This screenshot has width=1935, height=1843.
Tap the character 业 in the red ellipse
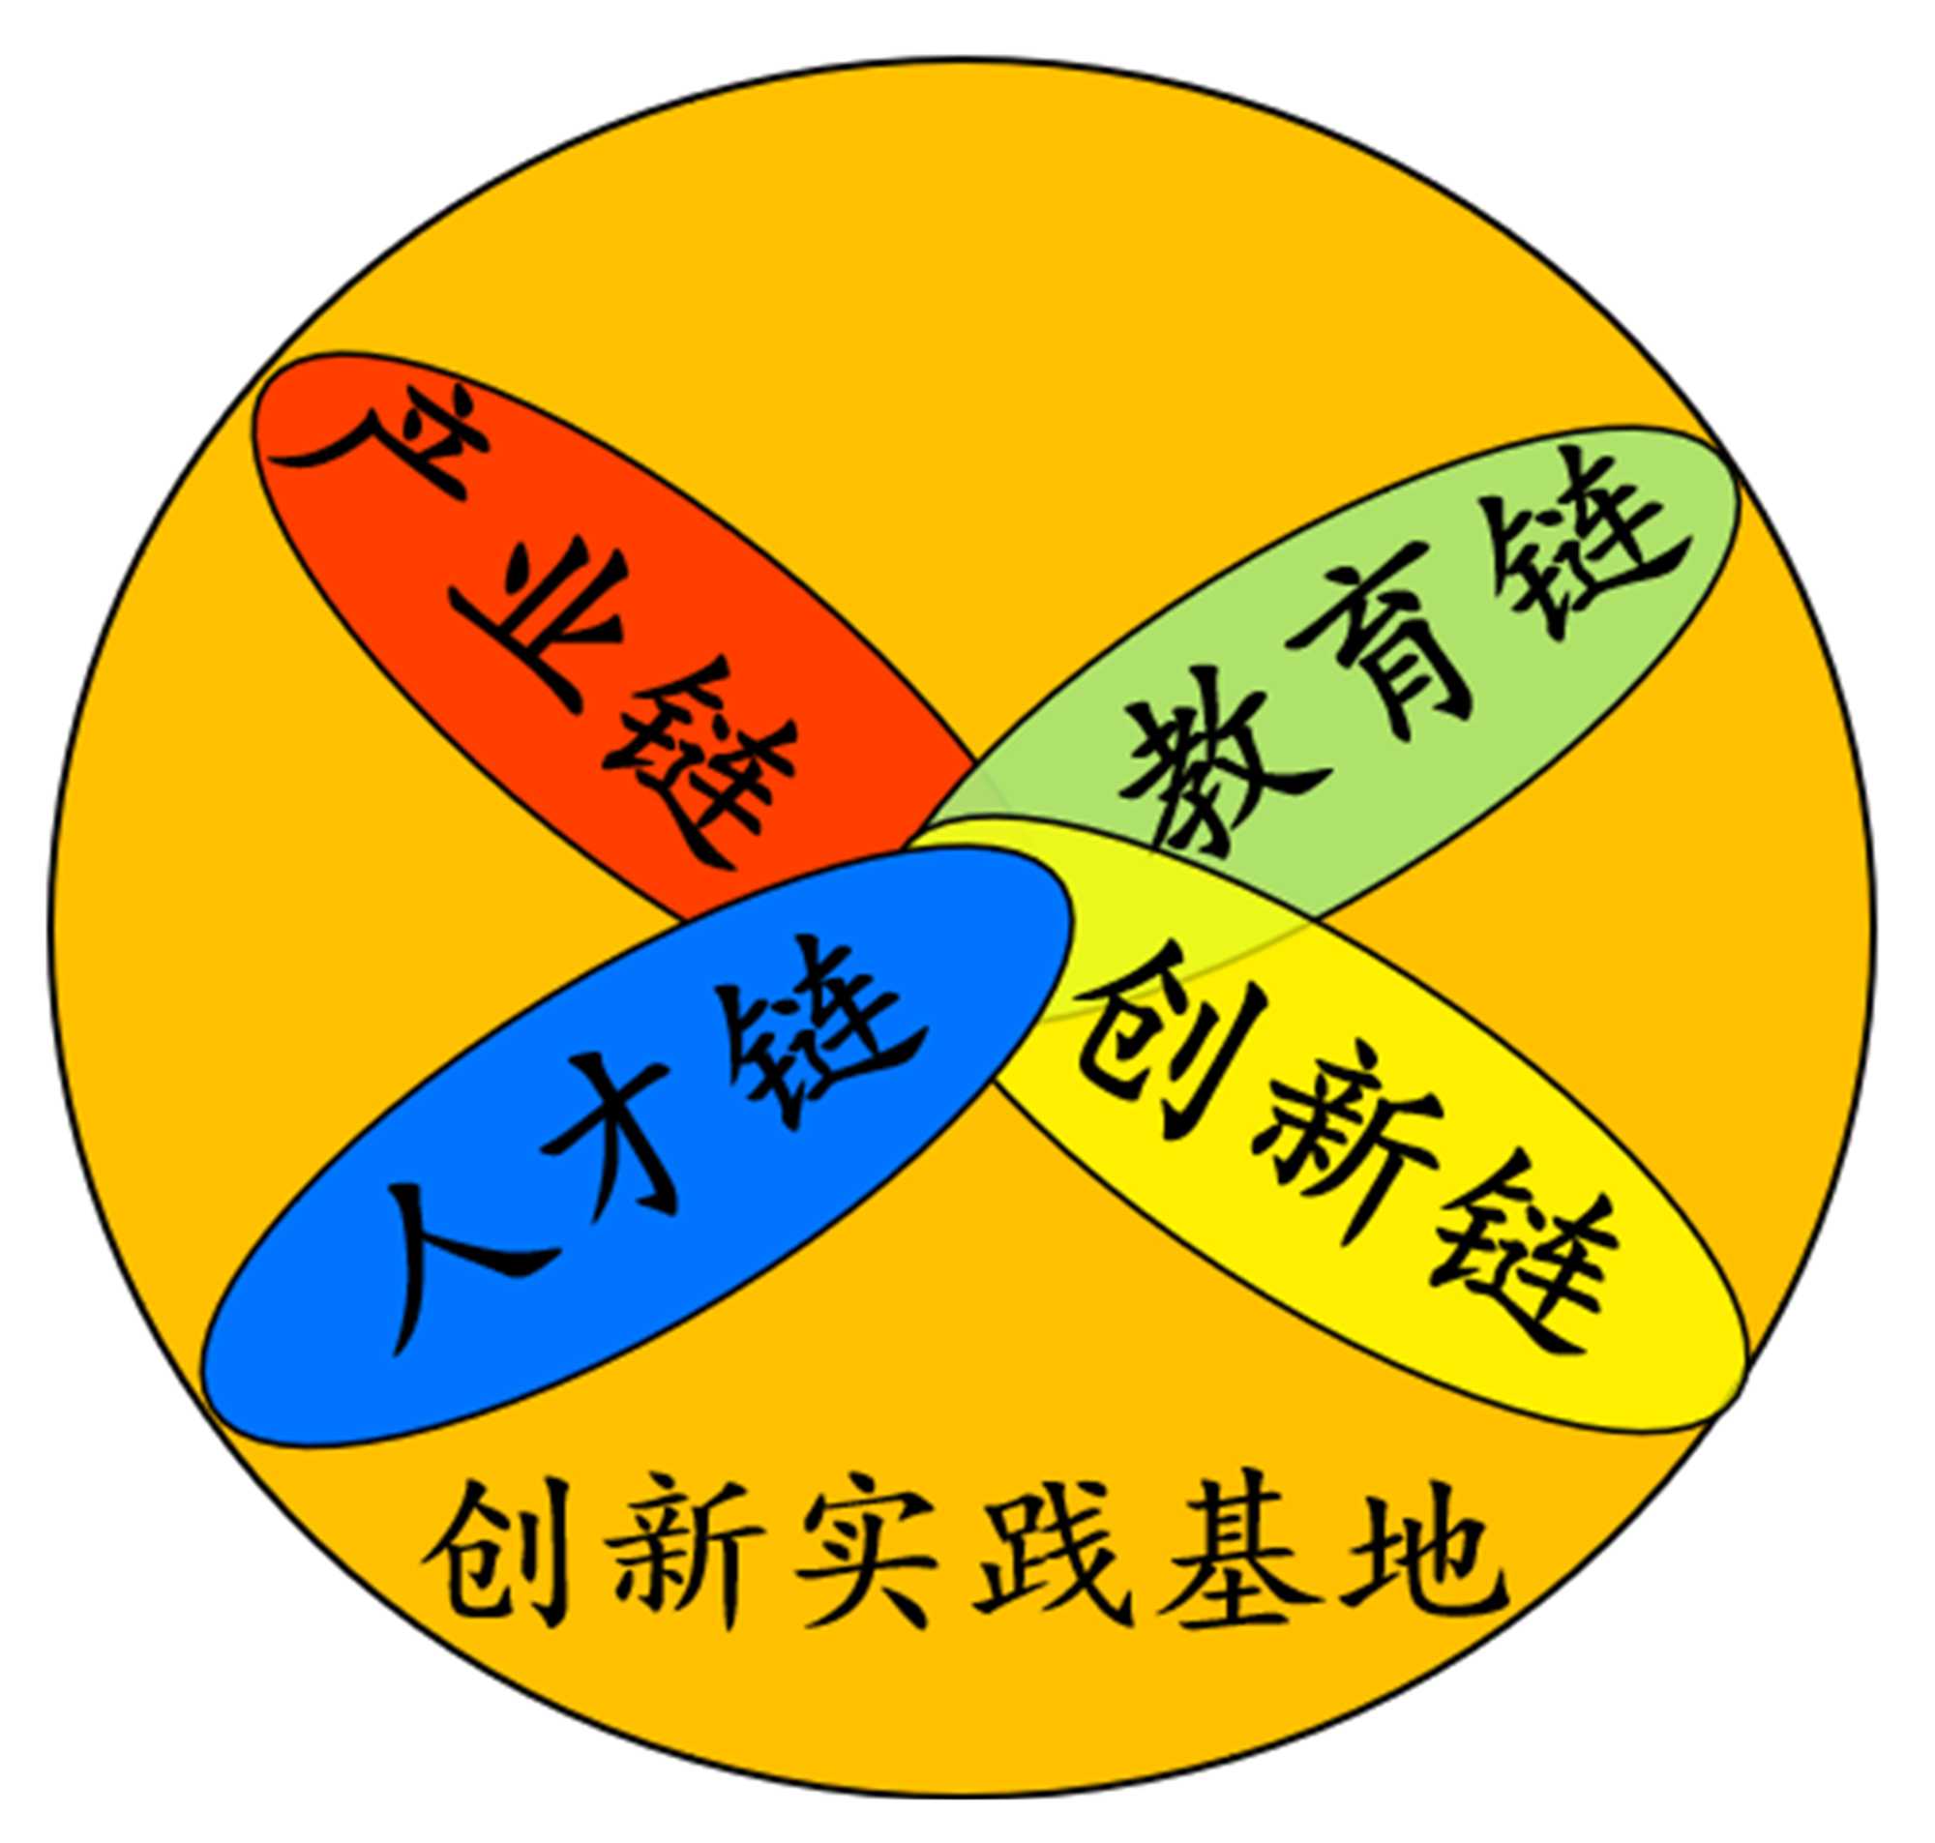(535, 614)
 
